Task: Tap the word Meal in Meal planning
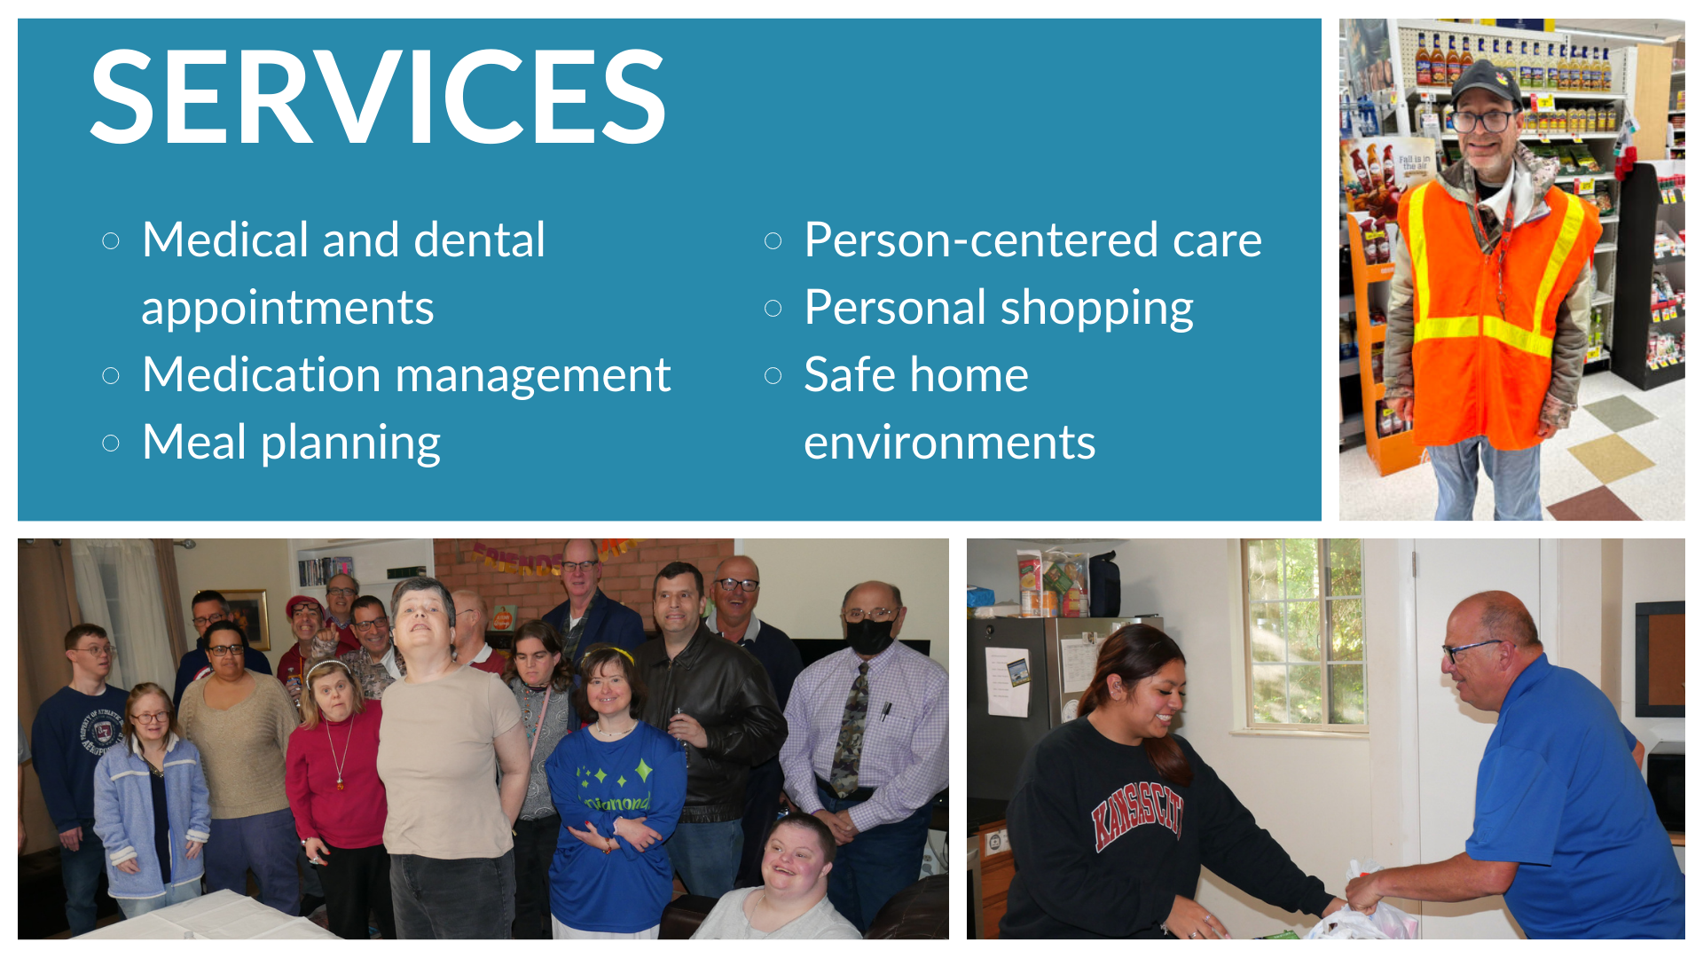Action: click(x=194, y=442)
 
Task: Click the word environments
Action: click(x=949, y=443)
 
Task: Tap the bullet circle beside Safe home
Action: click(x=773, y=375)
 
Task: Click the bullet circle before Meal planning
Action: click(x=111, y=443)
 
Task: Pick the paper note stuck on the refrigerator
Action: click(x=1007, y=681)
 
